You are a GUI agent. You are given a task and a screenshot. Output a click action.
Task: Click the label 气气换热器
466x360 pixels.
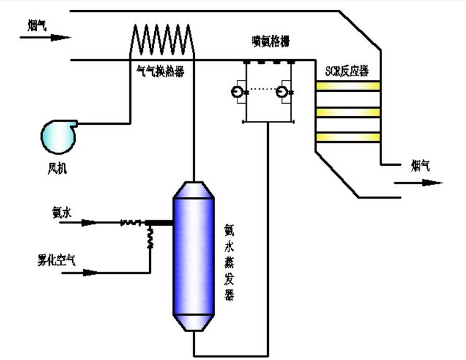(x=160, y=71)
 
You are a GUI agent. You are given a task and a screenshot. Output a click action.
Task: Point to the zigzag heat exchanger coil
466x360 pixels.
(x=162, y=41)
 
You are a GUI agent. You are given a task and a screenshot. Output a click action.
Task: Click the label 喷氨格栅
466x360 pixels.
(x=267, y=43)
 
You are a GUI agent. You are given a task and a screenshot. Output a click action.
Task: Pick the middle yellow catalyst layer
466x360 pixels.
(x=347, y=112)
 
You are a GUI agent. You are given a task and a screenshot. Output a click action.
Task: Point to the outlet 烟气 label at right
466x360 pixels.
(x=419, y=164)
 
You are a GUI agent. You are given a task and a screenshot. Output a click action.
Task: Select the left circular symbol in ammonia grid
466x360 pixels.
(x=237, y=92)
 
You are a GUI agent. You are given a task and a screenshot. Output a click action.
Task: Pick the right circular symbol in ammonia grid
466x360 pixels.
(x=283, y=92)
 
